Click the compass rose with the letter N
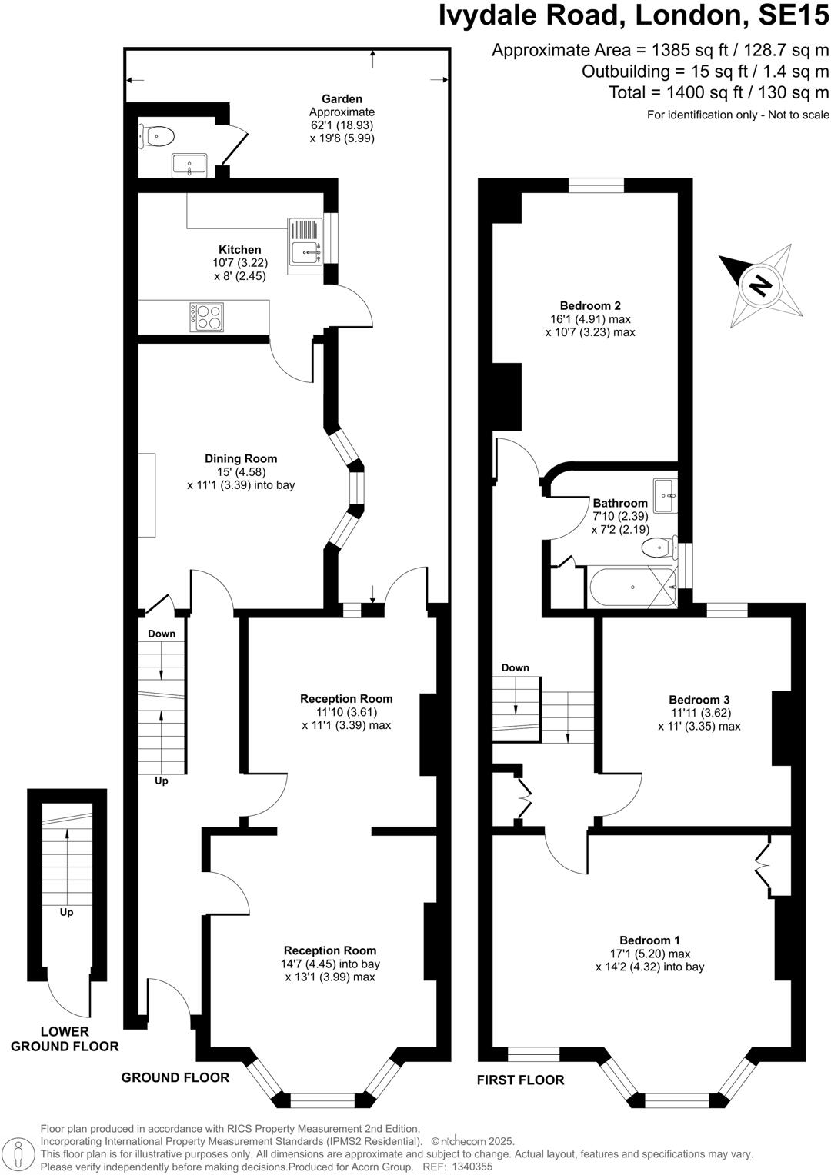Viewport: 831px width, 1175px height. click(x=760, y=285)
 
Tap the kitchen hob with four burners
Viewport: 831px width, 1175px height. click(x=209, y=316)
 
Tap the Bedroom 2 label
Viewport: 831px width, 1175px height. click(x=590, y=305)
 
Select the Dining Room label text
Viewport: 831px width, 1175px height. click(x=241, y=458)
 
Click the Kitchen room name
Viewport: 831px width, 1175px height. click(x=240, y=250)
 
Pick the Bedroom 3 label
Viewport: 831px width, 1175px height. click(x=699, y=700)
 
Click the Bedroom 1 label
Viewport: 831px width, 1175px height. click(x=649, y=940)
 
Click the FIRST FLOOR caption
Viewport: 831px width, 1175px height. click(x=520, y=1080)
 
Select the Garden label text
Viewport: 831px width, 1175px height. click(x=342, y=98)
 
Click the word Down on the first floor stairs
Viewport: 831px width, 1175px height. click(x=515, y=667)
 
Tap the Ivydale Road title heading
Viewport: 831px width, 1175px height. click(x=634, y=15)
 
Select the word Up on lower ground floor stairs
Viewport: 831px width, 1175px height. click(x=67, y=912)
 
